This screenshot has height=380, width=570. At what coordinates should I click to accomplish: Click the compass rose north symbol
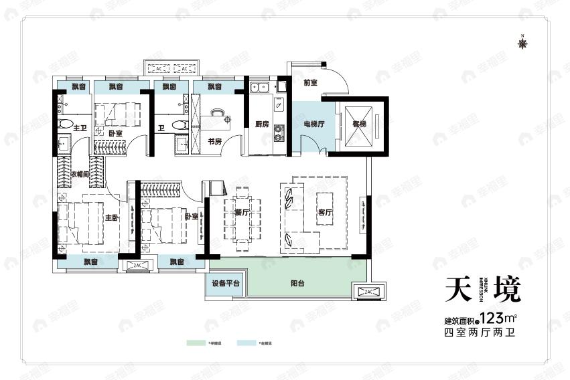(523, 43)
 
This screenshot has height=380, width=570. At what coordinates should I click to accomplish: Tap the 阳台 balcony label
(298, 284)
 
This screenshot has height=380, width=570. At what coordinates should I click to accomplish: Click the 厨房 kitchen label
(262, 124)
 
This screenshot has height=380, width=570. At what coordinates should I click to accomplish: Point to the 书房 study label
(214, 141)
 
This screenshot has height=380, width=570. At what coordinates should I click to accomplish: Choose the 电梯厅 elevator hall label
(313, 124)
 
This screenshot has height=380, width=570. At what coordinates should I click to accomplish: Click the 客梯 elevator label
(358, 124)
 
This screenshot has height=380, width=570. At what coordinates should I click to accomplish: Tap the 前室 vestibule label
(309, 83)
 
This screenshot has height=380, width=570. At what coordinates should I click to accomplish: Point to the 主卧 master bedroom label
(111, 217)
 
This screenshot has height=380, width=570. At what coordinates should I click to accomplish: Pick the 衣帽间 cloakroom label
(80, 174)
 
